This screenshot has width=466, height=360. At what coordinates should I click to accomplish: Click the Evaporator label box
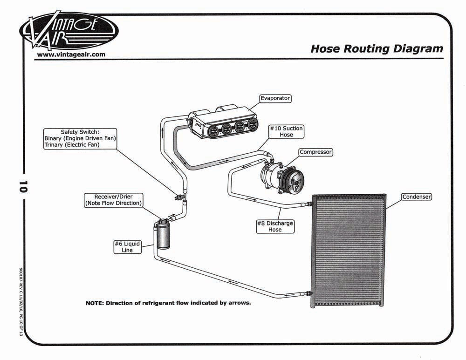pyautogui.click(x=275, y=98)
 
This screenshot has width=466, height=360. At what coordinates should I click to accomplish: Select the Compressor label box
pyautogui.click(x=315, y=152)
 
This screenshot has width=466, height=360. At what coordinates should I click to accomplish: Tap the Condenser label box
pyautogui.click(x=416, y=197)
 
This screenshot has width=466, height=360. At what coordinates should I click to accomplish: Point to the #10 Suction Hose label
pyautogui.click(x=286, y=131)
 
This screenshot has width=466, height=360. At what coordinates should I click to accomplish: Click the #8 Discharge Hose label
pyautogui.click(x=275, y=226)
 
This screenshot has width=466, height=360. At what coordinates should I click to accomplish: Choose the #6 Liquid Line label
pyautogui.click(x=127, y=247)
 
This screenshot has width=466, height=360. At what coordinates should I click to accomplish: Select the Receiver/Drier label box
pyautogui.click(x=113, y=200)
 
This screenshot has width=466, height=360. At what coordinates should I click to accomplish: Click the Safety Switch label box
pyautogui.click(x=80, y=138)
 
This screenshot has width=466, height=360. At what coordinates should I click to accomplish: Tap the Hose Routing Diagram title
pyautogui.click(x=377, y=49)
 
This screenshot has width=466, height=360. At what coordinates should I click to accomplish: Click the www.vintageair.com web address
pyautogui.click(x=71, y=54)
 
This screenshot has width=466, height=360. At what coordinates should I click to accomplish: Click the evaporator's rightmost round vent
pyautogui.click(x=253, y=125)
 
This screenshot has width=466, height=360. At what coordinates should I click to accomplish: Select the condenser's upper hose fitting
pyautogui.click(x=308, y=204)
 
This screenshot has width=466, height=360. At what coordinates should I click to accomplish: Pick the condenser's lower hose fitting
pyautogui.click(x=308, y=294)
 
